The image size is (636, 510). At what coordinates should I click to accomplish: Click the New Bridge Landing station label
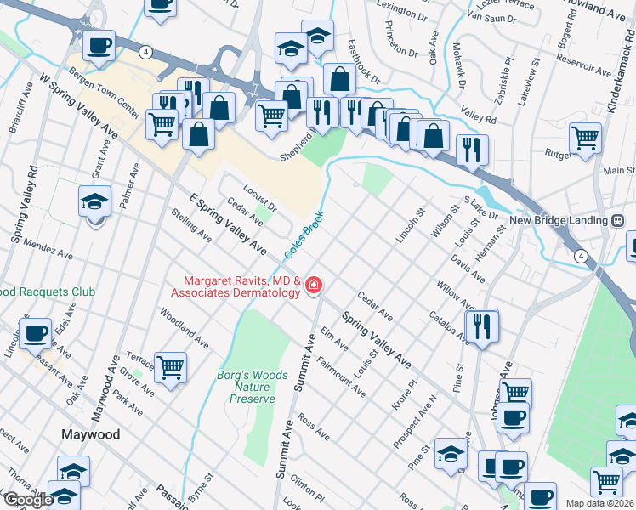[x=558, y=220]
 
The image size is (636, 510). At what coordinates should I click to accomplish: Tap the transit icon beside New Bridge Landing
[x=618, y=220]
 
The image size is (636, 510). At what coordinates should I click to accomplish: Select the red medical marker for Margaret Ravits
[x=314, y=285]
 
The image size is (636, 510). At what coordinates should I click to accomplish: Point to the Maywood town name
[x=91, y=434]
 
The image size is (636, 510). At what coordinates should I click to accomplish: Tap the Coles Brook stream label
[x=304, y=235]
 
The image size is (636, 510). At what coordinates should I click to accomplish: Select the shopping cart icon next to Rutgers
[x=586, y=137]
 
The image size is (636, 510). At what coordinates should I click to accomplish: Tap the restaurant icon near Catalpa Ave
[x=482, y=325]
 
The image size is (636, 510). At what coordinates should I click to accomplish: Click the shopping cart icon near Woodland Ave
[x=171, y=367]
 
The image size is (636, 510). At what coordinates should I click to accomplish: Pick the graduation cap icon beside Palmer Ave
[x=95, y=202]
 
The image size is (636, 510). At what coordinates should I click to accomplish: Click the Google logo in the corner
[x=27, y=500]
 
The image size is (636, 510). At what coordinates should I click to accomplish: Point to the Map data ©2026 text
[x=599, y=503]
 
